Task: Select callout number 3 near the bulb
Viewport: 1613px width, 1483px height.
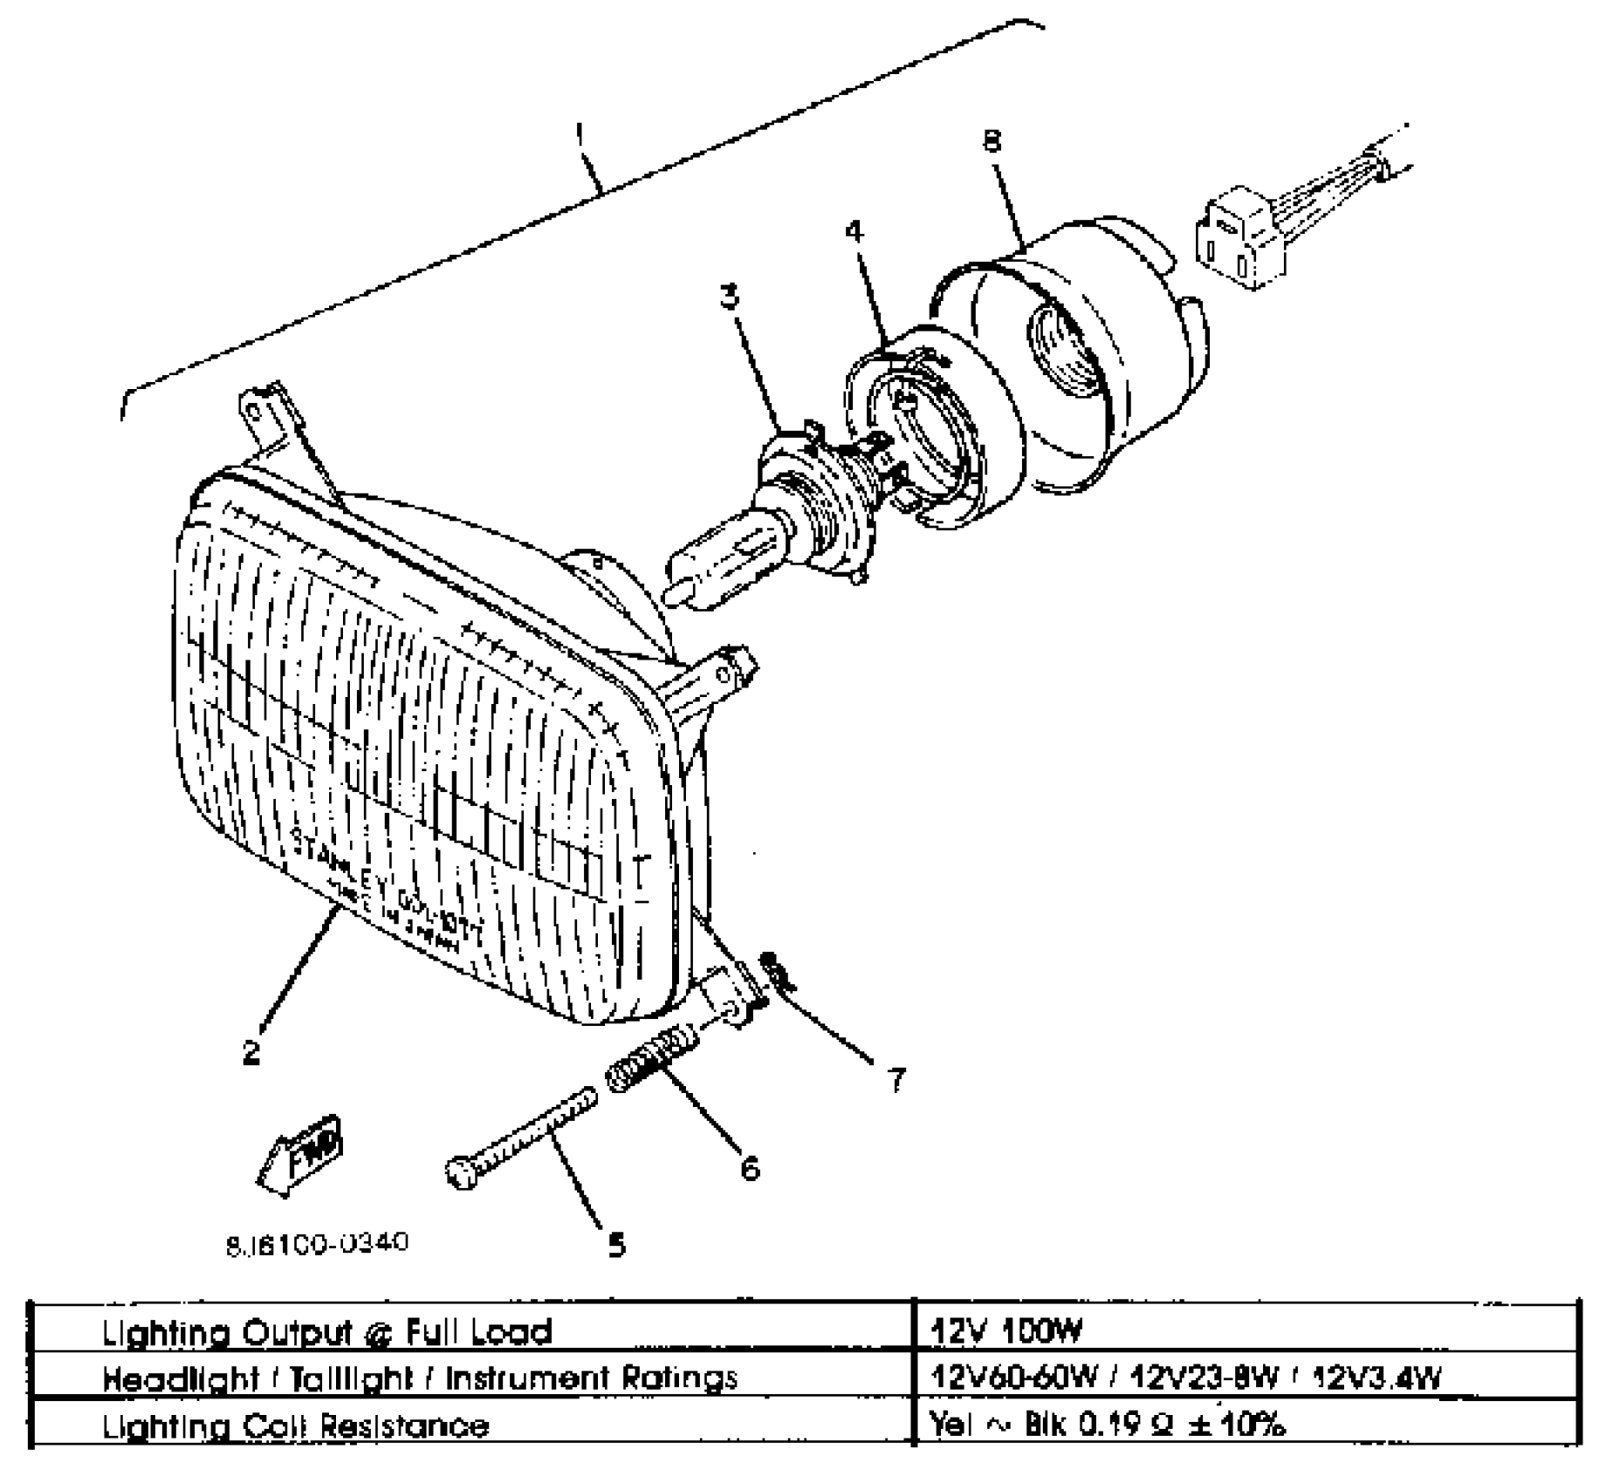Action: pyautogui.click(x=730, y=297)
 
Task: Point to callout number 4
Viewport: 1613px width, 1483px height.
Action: pyautogui.click(x=854, y=231)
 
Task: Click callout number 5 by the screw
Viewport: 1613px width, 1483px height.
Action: pyautogui.click(x=617, y=1245)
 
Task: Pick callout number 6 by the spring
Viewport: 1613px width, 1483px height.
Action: pyautogui.click(x=750, y=1166)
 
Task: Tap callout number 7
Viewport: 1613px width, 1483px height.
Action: pyautogui.click(x=896, y=1079)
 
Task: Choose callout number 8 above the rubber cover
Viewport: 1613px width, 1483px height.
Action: pyautogui.click(x=992, y=141)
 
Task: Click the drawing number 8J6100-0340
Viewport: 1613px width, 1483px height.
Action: pyautogui.click(x=317, y=1242)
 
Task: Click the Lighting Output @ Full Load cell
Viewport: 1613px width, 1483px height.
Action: pyautogui.click(x=327, y=1332)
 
